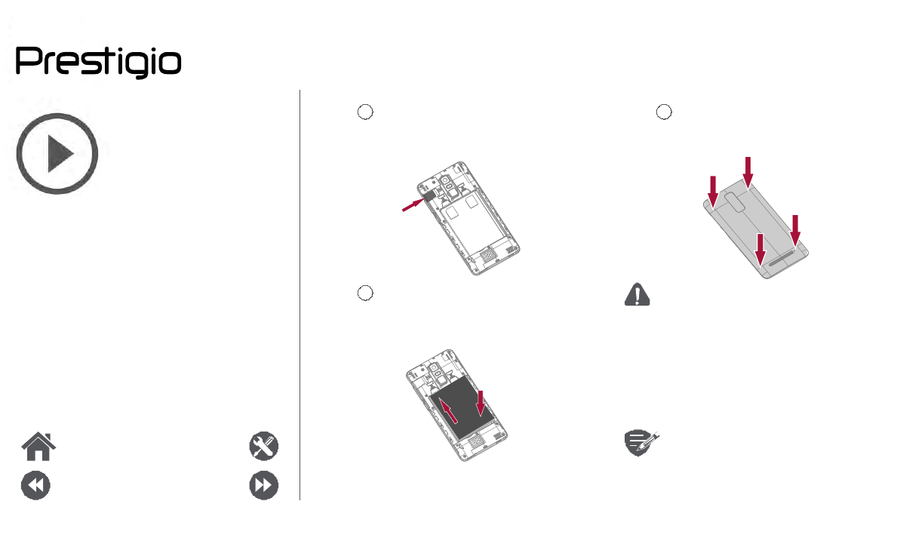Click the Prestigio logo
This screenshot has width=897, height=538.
click(98, 62)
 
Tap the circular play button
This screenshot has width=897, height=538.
click(57, 153)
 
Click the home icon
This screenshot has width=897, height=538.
click(38, 447)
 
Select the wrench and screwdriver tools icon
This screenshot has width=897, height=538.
click(264, 446)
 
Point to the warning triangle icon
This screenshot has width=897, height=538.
click(637, 294)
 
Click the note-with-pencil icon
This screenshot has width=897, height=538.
click(640, 442)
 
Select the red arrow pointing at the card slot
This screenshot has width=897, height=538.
click(413, 204)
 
